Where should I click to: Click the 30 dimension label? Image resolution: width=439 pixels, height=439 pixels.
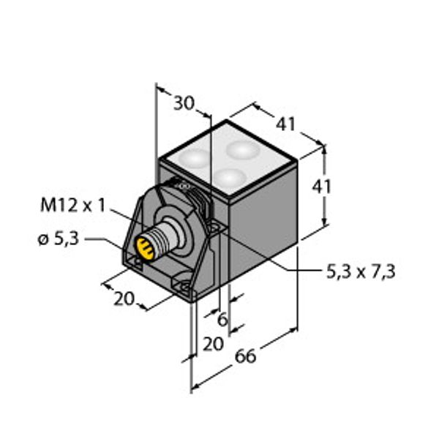coord(184,103)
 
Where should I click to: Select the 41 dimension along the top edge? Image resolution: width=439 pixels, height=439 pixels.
coord(285,124)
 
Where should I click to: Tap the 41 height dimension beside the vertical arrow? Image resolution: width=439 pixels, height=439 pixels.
coord(322,187)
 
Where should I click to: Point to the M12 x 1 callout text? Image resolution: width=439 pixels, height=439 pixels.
coord(73,205)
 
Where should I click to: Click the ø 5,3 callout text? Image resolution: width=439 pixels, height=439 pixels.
coord(59,239)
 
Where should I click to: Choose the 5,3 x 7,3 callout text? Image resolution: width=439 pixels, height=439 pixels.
coord(361,271)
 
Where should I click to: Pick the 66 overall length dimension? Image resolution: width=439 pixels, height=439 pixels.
coord(245,356)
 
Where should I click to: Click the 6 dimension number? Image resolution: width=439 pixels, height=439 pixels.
coord(222,320)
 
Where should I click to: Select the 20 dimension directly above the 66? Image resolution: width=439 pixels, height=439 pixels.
coord(214,344)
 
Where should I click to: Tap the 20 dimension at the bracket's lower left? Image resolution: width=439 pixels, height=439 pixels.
coord(124,299)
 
